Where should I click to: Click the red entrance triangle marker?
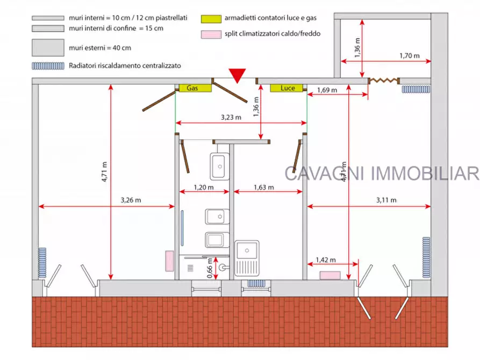pos(237,76)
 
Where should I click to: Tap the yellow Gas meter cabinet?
pos(192,88)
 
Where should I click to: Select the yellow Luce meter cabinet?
pos(288,88)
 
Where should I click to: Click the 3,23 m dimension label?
pos(231,117)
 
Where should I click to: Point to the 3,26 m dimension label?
pos(131,200)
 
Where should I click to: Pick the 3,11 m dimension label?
pos(386,200)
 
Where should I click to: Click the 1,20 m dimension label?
pos(203,188)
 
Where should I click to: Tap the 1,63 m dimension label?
pos(263,188)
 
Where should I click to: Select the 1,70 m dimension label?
pos(409,55)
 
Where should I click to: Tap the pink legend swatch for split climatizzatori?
pos(212,34)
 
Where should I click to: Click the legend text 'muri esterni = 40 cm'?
pos(100,48)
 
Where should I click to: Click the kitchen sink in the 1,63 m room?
pos(247,251)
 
